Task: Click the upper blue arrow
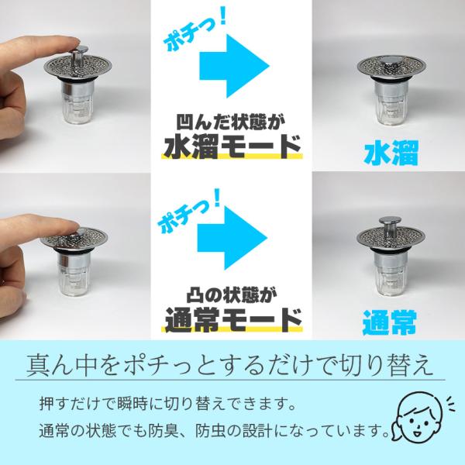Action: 234,66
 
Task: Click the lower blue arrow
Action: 232,238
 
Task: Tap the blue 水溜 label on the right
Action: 391,153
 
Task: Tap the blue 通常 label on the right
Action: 389,322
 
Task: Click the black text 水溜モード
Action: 232,146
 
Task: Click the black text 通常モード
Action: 233,319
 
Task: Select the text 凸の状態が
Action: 232,294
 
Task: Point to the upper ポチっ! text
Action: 195,33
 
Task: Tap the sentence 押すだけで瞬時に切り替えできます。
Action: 168,403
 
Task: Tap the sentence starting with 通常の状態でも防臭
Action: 214,430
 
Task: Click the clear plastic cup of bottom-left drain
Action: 74,281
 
